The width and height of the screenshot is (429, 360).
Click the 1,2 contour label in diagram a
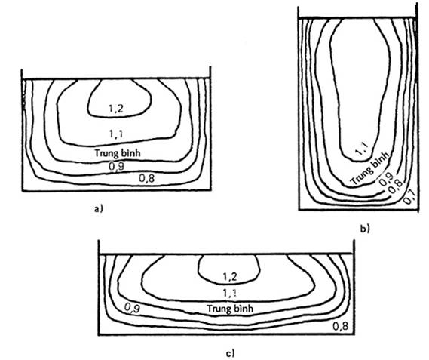pos(116,109)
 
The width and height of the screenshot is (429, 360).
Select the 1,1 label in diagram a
pos(116,134)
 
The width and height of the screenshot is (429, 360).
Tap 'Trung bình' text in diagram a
pos(118,153)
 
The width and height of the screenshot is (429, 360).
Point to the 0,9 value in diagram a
pos(116,166)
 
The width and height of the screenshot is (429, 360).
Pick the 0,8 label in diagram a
pos(147,178)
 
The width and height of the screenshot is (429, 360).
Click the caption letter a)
pos(98,209)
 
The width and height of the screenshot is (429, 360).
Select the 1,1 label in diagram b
pos(362,149)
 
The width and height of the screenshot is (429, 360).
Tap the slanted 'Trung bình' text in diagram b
pos(370,169)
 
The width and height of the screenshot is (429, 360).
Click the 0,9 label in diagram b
pos(386,180)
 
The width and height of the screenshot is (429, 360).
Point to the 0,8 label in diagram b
pos(396,187)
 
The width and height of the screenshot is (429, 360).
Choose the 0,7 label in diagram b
pos(410,197)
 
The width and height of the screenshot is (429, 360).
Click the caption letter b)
pos(365,228)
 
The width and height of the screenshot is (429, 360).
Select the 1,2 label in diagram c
pos(229,277)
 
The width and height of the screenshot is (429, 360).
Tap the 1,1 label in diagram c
pos(229,293)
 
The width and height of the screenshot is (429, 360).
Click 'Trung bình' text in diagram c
pos(230,309)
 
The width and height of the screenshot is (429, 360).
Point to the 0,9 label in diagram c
pos(132,308)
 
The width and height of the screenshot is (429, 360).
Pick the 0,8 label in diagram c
pos(341,326)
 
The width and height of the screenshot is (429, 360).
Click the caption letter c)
pos(230,353)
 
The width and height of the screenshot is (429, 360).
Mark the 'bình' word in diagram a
pos(130,153)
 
